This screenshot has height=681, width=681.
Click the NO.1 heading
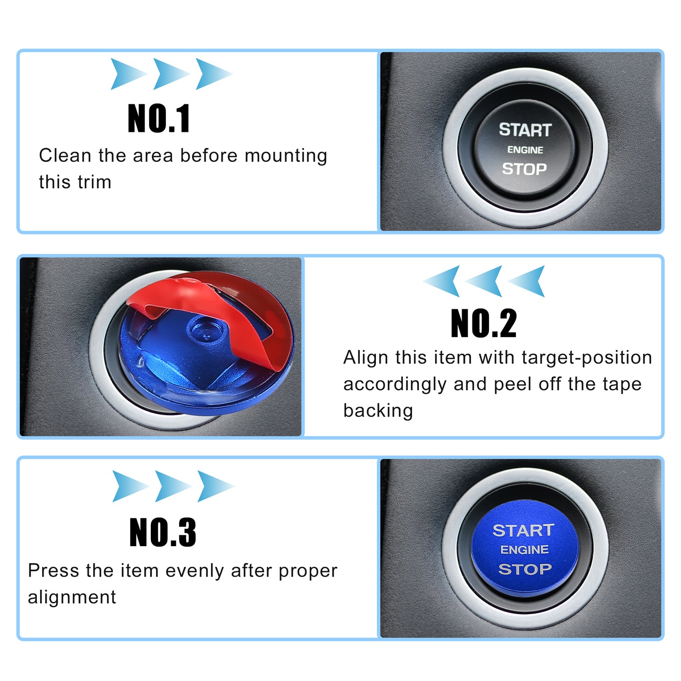(x=159, y=118)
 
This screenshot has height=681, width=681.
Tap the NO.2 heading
(x=483, y=323)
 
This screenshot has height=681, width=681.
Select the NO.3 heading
(x=163, y=532)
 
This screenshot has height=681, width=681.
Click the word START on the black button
(x=525, y=130)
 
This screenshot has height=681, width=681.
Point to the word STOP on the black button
(x=524, y=169)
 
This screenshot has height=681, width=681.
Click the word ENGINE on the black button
(x=525, y=150)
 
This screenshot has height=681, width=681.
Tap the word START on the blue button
(x=524, y=531)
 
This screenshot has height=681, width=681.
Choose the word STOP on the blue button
(x=525, y=569)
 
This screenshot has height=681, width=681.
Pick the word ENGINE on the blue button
(x=524, y=550)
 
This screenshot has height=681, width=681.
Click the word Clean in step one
(x=65, y=156)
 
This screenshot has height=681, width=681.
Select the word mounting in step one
(x=286, y=156)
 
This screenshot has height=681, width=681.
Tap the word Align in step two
(x=366, y=358)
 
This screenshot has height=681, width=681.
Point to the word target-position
(x=586, y=358)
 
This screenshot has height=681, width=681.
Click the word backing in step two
(x=378, y=411)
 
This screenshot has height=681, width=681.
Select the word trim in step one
(x=95, y=183)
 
